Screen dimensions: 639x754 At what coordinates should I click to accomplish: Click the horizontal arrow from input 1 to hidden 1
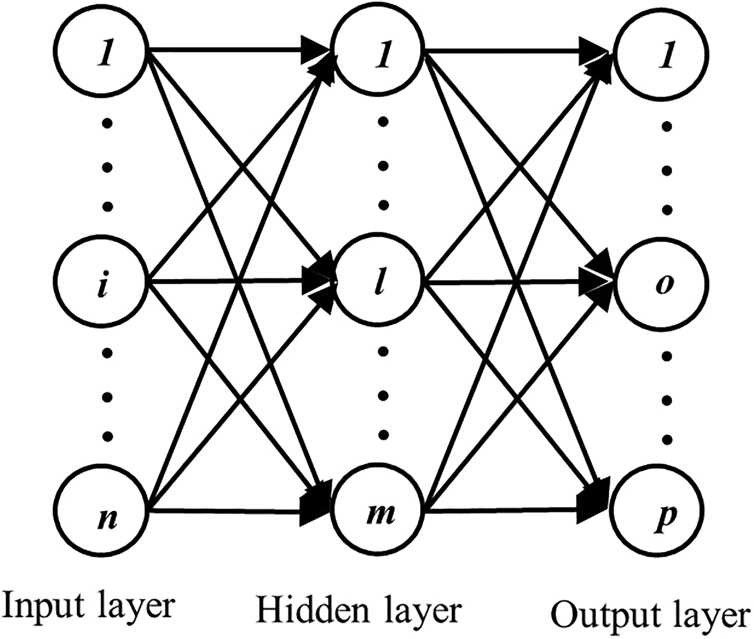pyautogui.click(x=228, y=49)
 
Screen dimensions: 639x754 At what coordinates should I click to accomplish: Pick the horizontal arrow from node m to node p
pyautogui.click(x=502, y=512)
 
